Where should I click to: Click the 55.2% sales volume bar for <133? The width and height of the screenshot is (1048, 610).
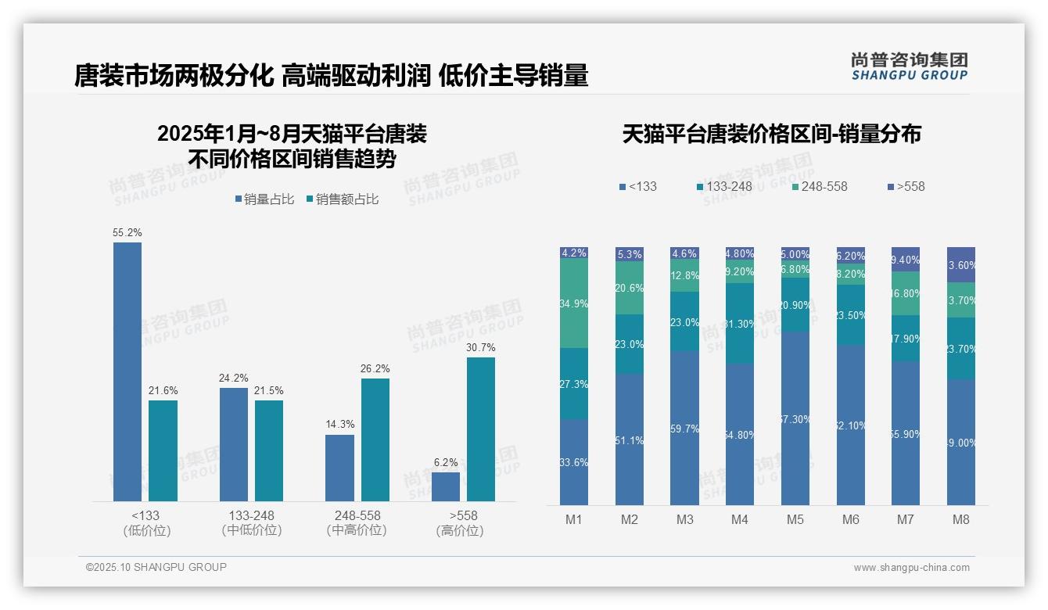(127, 371)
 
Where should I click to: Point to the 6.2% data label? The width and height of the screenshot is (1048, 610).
(445, 462)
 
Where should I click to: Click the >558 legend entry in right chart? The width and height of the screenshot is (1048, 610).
(906, 186)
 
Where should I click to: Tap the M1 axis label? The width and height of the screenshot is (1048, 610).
(573, 520)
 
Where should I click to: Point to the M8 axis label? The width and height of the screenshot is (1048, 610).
(961, 520)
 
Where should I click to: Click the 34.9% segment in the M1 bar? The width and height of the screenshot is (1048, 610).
(574, 303)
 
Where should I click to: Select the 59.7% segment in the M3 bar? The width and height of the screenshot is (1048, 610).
(684, 428)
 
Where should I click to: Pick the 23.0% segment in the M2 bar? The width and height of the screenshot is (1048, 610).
(630, 344)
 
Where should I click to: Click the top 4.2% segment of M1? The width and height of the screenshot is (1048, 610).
(574, 253)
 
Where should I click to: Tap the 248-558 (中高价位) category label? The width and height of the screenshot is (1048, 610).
(357, 523)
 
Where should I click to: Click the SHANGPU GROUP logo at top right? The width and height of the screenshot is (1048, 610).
(909, 66)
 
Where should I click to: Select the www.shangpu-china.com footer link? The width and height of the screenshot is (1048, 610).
(911, 568)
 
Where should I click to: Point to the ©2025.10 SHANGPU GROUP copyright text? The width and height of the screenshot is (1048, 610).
(156, 567)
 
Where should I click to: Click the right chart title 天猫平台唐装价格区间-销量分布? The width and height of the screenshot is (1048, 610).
(771, 134)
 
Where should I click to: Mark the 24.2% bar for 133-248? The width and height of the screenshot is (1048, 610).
(233, 444)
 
